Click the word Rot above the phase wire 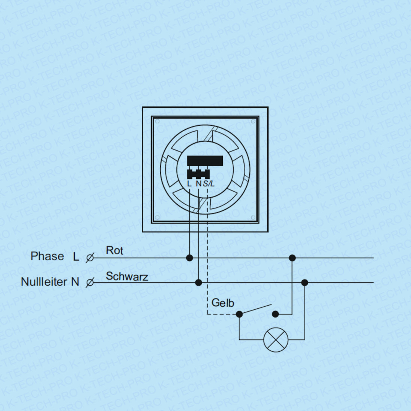(x=114, y=250)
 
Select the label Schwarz (x=127, y=277)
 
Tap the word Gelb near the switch (x=223, y=303)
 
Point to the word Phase (x=47, y=256)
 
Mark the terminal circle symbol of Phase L (x=90, y=258)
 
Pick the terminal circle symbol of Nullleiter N (x=90, y=282)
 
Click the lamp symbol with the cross (x=276, y=340)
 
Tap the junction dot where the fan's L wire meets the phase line (x=190, y=258)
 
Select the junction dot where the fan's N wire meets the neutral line (x=199, y=282)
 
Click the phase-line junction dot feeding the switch (x=292, y=258)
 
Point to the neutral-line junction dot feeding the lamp (x=304, y=282)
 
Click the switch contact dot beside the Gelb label (x=239, y=314)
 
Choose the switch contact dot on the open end (x=275, y=314)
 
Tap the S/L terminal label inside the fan (x=209, y=184)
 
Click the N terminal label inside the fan (x=199, y=184)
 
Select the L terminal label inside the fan (x=189, y=184)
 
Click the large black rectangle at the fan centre (x=205, y=160)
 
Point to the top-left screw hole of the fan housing (x=157, y=121)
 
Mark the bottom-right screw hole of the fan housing (x=253, y=217)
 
